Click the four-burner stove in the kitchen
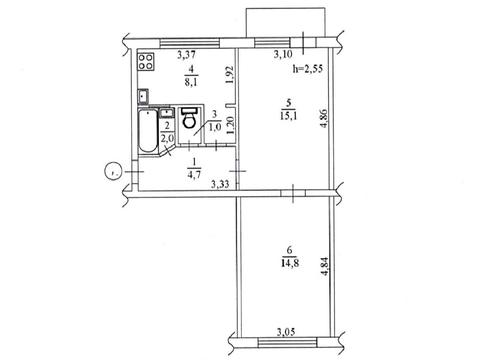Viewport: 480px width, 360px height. click(x=146, y=61)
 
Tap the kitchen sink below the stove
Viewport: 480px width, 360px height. click(x=144, y=97)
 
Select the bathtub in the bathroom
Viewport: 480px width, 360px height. click(x=148, y=131)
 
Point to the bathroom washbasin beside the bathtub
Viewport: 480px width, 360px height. click(x=166, y=112)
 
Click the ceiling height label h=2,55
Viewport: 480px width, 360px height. click(x=308, y=69)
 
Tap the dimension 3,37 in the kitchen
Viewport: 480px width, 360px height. click(x=186, y=54)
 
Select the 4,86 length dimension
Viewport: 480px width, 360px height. click(x=324, y=119)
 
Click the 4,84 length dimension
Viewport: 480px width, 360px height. click(x=324, y=267)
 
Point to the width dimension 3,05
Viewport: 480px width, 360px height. click(x=287, y=332)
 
